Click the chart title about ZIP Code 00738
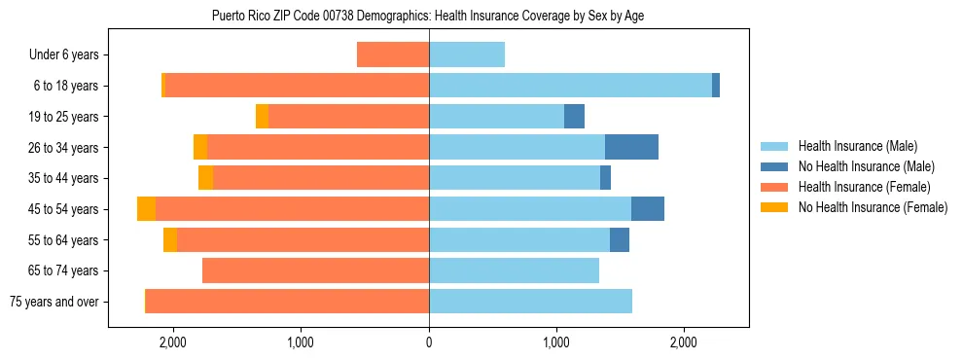pyautogui.click(x=428, y=16)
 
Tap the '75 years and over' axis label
pyautogui.click(x=53, y=302)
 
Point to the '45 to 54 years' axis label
pyautogui.click(x=64, y=209)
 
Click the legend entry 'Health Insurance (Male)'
pyautogui.click(x=852, y=146)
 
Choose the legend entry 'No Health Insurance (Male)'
pyautogui.click(x=860, y=166)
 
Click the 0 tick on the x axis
pyautogui.click(x=429, y=342)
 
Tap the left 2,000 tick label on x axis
pyautogui.click(x=173, y=342)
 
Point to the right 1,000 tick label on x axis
pyautogui.click(x=556, y=342)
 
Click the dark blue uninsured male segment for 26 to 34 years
pyautogui.click(x=631, y=147)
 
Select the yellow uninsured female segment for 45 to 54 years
pyautogui.click(x=146, y=209)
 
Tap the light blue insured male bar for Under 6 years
pyautogui.click(x=467, y=54)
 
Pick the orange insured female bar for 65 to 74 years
pyautogui.click(x=315, y=270)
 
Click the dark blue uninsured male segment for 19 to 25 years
pyautogui.click(x=574, y=117)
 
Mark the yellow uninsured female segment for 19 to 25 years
pyautogui.click(x=262, y=117)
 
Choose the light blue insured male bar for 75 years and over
pyautogui.click(x=530, y=302)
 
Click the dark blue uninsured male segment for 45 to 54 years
pyautogui.click(x=647, y=209)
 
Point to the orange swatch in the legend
pyautogui.click(x=774, y=187)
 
